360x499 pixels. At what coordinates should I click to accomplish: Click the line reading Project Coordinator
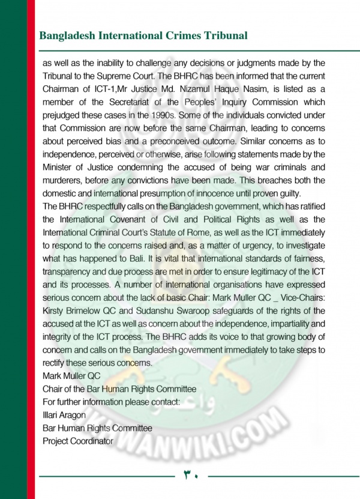[78, 441]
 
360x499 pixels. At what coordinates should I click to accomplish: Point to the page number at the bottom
[190, 476]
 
